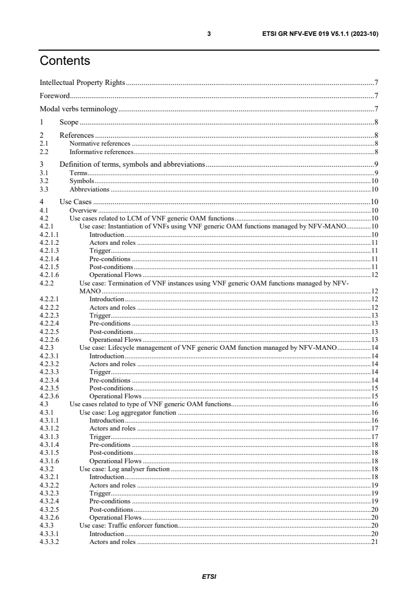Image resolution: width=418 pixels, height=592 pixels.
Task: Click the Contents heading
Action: pos(65,61)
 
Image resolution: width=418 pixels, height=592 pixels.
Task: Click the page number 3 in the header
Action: pos(209,34)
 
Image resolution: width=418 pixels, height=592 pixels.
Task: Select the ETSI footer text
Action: pos(209,576)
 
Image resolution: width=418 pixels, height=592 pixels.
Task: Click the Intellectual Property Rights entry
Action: pos(82,82)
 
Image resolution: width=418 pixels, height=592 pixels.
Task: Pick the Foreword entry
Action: pos(55,96)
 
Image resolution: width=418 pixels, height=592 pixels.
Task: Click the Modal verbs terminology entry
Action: pos(79,110)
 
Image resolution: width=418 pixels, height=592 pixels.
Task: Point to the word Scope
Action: pos(69,123)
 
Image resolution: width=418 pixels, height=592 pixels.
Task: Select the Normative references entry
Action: pos(100,143)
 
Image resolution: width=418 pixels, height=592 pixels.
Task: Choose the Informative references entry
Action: pos(101,151)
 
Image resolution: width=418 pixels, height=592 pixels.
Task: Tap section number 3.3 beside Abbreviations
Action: pos(44,189)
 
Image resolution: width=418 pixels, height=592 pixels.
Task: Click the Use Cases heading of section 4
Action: pos(75,202)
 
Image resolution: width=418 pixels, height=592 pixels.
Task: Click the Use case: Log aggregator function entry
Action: pos(127,412)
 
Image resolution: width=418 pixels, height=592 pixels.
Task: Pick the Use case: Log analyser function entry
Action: pos(124,469)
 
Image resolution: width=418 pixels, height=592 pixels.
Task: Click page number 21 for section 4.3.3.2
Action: pos(375,541)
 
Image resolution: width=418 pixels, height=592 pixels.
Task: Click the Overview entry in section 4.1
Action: pos(83,210)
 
